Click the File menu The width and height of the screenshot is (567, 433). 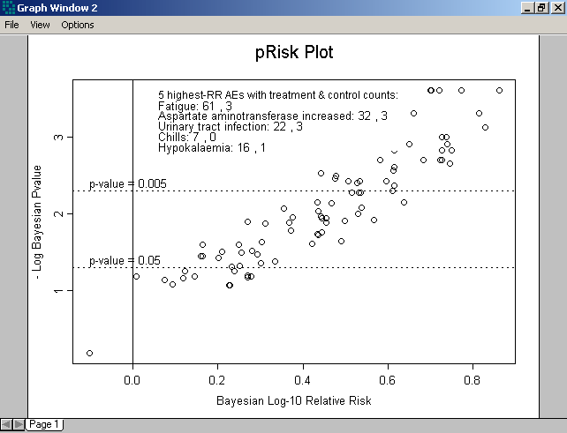click(11, 25)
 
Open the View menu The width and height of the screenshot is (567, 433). click(40, 25)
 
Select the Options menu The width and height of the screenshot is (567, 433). click(78, 25)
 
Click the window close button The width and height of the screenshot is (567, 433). click(556, 8)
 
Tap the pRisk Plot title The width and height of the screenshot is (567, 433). click(294, 53)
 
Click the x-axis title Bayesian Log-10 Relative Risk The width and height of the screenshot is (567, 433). click(293, 401)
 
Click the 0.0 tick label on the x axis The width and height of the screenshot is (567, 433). click(132, 380)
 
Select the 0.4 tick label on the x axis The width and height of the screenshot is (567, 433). click(303, 380)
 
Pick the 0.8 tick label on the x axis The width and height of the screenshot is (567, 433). click(473, 380)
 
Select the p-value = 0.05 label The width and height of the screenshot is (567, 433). click(125, 260)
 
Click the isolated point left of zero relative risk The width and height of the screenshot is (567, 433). click(89, 353)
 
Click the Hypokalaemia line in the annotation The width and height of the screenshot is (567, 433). click(212, 148)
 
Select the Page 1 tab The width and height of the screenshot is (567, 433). click(43, 425)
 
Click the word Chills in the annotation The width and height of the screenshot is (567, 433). click(173, 138)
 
